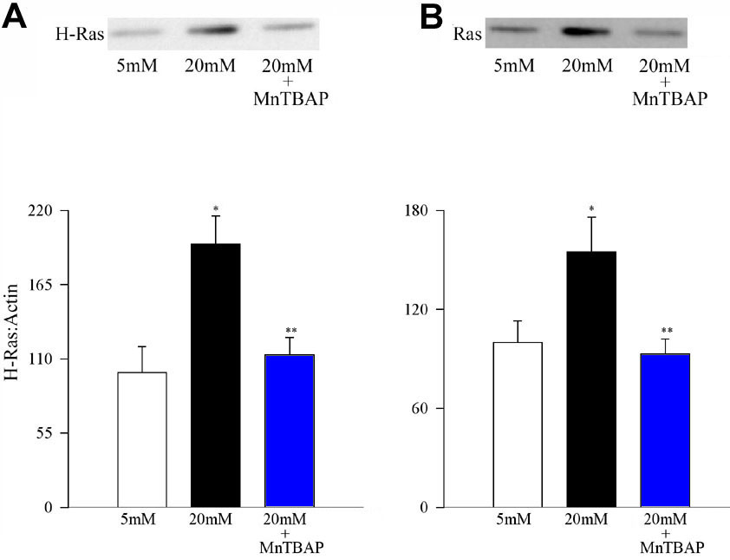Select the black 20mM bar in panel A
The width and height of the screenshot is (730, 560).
tap(215, 375)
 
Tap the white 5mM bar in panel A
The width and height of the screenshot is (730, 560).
tap(142, 439)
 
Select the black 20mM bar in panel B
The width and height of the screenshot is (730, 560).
tap(591, 379)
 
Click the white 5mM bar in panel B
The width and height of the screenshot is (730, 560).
tap(518, 424)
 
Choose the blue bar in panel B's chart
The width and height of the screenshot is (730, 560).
tap(665, 430)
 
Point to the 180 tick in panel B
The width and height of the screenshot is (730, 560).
tap(420, 211)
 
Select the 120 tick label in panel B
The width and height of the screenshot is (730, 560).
tap(420, 310)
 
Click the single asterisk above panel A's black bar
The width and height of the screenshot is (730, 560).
tap(215, 209)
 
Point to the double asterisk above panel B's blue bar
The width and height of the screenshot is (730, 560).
tap(666, 331)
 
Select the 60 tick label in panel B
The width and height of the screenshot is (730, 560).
tap(424, 409)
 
